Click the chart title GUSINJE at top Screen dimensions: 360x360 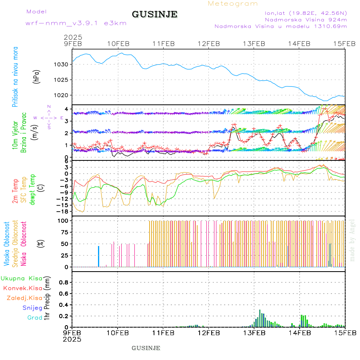tap(154, 14)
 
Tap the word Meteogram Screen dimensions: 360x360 tap(233, 4)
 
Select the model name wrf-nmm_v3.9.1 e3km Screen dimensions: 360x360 tap(76, 23)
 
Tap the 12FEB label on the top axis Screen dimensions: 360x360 tap(209, 44)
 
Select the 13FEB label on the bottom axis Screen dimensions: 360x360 tap(254, 332)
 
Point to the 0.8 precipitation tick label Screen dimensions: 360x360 tap(64, 282)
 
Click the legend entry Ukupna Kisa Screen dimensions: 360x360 tap(22, 278)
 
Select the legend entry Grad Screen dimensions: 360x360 tap(35, 318)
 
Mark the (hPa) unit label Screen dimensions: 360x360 tap(37, 76)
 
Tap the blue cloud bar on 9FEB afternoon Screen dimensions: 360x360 tap(99, 256)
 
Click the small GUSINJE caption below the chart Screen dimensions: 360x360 tap(146, 348)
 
